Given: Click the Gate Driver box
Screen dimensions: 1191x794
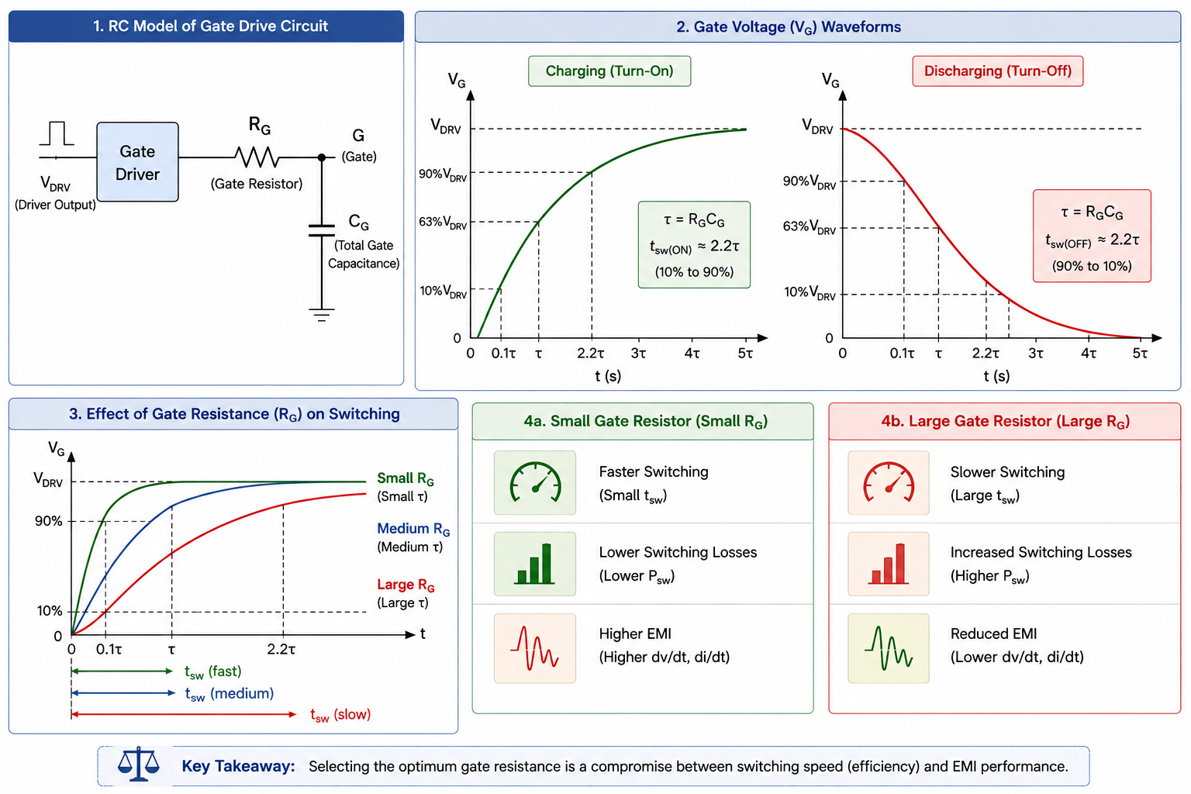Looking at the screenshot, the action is tap(137, 162).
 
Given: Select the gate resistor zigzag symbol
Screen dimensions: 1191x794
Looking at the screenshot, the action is tap(257, 157).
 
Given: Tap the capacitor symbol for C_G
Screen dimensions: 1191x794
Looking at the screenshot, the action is tap(322, 230).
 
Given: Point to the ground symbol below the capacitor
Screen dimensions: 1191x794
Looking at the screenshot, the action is tap(322, 315).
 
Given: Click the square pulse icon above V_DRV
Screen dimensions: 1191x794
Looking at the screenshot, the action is tap(57, 133).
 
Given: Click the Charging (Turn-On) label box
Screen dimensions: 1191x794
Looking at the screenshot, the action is tap(609, 71).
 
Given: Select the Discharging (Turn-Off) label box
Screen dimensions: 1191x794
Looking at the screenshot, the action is tap(997, 71).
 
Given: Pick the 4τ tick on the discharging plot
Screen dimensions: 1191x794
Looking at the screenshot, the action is tap(1089, 353).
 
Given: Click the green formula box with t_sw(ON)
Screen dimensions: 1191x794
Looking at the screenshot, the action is tap(694, 244).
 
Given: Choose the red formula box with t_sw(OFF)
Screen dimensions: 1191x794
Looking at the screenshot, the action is tap(1092, 236).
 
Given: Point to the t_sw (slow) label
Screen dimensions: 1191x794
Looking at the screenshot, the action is tap(340, 715).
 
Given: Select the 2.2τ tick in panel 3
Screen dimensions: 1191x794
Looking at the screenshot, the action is tap(281, 649).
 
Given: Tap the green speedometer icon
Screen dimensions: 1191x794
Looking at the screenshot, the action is tap(535, 482).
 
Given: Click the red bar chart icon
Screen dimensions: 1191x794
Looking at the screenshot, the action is tap(889, 564).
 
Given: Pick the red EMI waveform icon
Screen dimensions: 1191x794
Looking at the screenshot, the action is tap(535, 647).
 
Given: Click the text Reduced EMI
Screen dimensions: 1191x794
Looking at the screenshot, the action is tap(993, 633).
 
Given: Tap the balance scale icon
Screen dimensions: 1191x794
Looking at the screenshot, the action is tap(138, 765).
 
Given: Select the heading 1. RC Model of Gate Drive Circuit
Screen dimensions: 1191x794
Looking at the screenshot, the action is tap(211, 26).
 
